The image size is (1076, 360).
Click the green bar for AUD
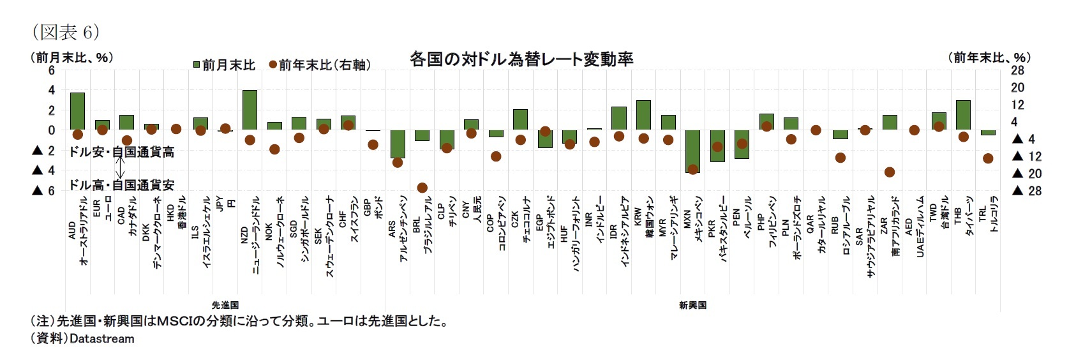[x=77, y=112]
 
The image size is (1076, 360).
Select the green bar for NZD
[x=250, y=110]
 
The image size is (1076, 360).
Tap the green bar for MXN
[x=692, y=151]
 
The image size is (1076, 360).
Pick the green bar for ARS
[x=398, y=144]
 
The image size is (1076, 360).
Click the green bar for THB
[x=963, y=115]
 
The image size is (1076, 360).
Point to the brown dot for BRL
[x=422, y=188]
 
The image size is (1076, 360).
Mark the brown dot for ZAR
[x=889, y=172]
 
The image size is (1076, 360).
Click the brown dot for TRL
[x=988, y=158]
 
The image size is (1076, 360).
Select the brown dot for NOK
[x=274, y=149]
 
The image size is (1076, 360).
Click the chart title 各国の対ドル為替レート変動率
[x=521, y=59]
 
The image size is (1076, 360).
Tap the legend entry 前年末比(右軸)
[x=320, y=65]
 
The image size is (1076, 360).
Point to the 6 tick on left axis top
[x=52, y=70]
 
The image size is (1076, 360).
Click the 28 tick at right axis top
[x=1017, y=70]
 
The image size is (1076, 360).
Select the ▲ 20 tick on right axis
[x=1027, y=174]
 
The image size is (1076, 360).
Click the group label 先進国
[x=225, y=305]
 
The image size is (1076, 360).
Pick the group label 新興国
[x=692, y=305]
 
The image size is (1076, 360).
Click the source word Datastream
[x=102, y=339]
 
